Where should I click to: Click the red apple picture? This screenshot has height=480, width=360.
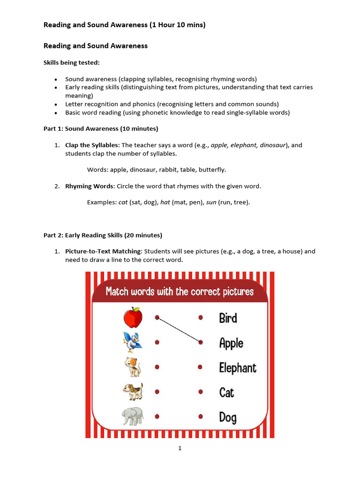(x=133, y=317)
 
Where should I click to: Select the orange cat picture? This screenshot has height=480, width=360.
(x=133, y=367)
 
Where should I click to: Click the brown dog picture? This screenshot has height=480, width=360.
(x=133, y=391)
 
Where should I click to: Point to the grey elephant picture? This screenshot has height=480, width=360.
(x=133, y=416)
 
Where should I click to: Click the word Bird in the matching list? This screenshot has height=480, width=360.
(x=228, y=318)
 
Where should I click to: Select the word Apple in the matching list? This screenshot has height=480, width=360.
(x=231, y=343)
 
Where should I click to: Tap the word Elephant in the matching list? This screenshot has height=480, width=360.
(x=238, y=368)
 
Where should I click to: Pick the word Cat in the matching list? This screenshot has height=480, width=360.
(x=226, y=392)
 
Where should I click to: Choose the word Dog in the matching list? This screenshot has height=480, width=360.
(x=228, y=417)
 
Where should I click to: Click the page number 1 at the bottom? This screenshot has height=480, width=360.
(x=180, y=448)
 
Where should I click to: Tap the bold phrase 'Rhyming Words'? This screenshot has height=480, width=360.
(x=89, y=186)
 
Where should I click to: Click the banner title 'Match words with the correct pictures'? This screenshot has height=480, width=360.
(x=180, y=292)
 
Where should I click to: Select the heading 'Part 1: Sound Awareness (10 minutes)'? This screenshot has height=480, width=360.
(x=101, y=128)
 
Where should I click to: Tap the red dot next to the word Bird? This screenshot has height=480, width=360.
(x=201, y=317)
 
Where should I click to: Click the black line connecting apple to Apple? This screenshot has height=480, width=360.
(x=179, y=330)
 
